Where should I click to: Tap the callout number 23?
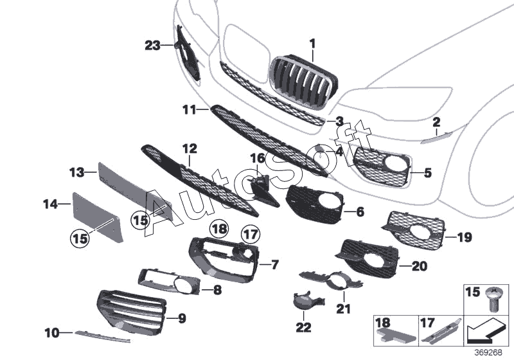pyautogui.click(x=152, y=46)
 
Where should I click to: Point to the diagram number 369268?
pyautogui.click(x=488, y=353)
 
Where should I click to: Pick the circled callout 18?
pyautogui.click(x=219, y=228)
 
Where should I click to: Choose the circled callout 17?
pyautogui.click(x=251, y=235)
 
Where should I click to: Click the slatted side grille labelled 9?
pyautogui.click(x=132, y=309)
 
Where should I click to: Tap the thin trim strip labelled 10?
pyautogui.click(x=102, y=336)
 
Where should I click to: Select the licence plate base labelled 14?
pyautogui.click(x=98, y=217)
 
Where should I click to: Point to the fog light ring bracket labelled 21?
pyautogui.click(x=331, y=281)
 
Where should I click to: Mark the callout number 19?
pyautogui.click(x=465, y=237)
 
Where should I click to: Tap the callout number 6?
pyautogui.click(x=360, y=212)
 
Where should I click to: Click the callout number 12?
pyautogui.click(x=190, y=149)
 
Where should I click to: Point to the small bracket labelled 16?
pyautogui.click(x=264, y=189)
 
